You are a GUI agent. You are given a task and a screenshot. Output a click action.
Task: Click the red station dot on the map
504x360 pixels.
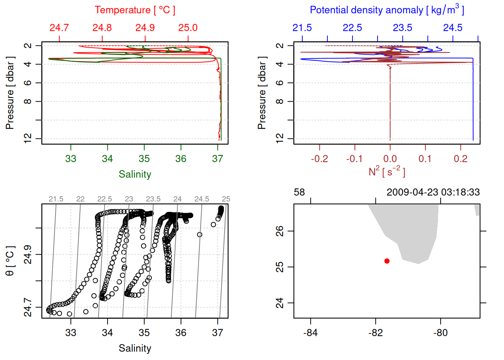(387, 261)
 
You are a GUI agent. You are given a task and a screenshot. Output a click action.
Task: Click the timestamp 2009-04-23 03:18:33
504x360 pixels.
(433, 192)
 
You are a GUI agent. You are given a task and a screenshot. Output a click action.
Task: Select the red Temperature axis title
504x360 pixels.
(135, 10)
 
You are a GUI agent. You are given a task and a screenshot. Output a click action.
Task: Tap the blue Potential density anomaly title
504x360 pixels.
(387, 10)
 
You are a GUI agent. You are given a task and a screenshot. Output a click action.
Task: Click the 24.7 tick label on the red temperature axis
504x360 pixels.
(59, 28)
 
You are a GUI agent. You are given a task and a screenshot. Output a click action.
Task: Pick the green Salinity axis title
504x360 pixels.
(135, 174)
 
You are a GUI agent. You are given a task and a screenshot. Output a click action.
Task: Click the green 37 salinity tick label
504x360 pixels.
(217, 159)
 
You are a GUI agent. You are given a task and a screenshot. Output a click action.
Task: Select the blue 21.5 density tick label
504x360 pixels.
(302, 28)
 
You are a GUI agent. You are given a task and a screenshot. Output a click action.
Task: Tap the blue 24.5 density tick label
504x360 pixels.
(453, 28)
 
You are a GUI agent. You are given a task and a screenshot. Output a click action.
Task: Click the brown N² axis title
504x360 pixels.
(387, 171)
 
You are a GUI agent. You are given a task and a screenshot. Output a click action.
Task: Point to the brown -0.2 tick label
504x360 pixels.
(319, 159)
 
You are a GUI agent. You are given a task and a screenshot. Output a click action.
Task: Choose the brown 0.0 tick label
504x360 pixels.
(390, 159)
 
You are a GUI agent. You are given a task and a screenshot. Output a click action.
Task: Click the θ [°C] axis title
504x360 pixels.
(10, 261)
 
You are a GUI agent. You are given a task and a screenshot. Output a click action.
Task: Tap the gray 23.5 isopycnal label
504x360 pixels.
(153, 199)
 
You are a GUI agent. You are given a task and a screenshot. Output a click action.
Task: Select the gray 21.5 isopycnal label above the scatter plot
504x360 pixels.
(56, 199)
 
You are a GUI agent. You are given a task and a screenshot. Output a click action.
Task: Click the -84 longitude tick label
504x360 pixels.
(310, 333)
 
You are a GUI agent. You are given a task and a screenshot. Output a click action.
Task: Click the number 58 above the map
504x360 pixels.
(299, 192)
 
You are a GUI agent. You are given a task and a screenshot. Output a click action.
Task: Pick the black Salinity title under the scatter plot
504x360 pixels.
(135, 348)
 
